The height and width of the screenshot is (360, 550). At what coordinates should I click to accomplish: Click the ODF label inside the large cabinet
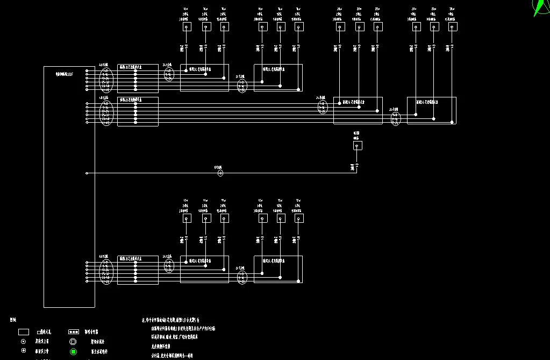pos(65,73)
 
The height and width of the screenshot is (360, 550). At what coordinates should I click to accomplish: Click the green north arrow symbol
pos(539,8)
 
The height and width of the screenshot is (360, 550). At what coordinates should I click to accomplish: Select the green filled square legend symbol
pos(73,352)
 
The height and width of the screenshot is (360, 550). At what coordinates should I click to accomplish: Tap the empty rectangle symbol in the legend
pos(23,332)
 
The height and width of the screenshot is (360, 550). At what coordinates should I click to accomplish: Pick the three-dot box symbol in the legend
pos(74,332)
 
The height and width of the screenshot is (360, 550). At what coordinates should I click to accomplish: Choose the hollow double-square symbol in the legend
pos(73,341)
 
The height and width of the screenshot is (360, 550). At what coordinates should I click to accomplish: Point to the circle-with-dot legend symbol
pos(23,341)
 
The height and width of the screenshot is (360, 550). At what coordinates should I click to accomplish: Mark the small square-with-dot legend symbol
pos(23,350)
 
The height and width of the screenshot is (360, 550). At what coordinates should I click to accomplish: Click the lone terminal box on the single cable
pos(358,145)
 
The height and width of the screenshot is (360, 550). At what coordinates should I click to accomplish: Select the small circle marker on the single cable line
pos(220,173)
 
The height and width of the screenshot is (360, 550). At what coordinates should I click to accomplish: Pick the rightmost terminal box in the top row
pos(453,26)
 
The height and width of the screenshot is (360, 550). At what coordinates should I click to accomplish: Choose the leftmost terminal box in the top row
pos(187,26)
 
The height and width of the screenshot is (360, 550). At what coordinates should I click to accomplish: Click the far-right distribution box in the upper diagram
pos(431,110)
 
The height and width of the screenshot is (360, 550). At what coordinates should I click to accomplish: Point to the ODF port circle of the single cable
pos(87,173)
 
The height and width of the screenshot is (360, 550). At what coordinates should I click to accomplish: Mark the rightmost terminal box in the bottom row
pos(298,218)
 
